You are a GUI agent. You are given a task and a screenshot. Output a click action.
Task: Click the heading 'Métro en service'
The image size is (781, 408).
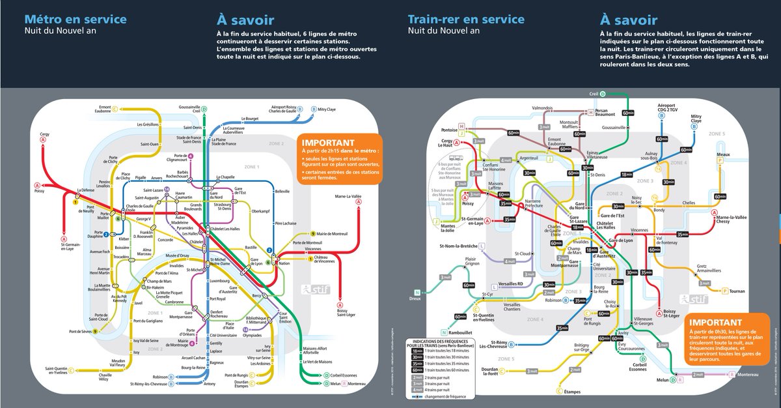pos(75,19)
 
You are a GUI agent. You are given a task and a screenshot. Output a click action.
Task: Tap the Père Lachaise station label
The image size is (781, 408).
pos(286,224)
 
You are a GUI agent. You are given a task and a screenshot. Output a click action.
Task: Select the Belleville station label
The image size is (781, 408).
pos(282,192)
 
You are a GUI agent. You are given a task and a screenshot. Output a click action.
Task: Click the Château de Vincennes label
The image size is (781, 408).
pos(329,261)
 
